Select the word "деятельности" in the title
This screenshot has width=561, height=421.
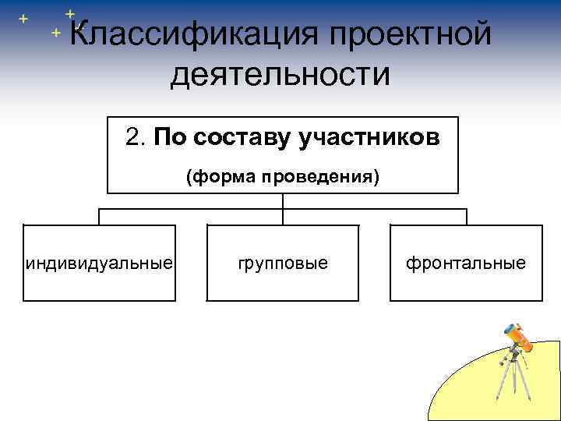point(280,75)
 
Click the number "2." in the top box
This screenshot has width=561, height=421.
point(136,137)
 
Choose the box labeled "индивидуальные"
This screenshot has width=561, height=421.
point(99,263)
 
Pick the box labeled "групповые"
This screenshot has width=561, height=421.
point(282,263)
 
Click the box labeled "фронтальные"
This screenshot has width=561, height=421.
point(465,263)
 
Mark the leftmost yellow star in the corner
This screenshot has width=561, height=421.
point(22,17)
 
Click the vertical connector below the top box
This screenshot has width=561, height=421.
point(282,201)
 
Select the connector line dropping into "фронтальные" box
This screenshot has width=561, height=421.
point(466,217)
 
